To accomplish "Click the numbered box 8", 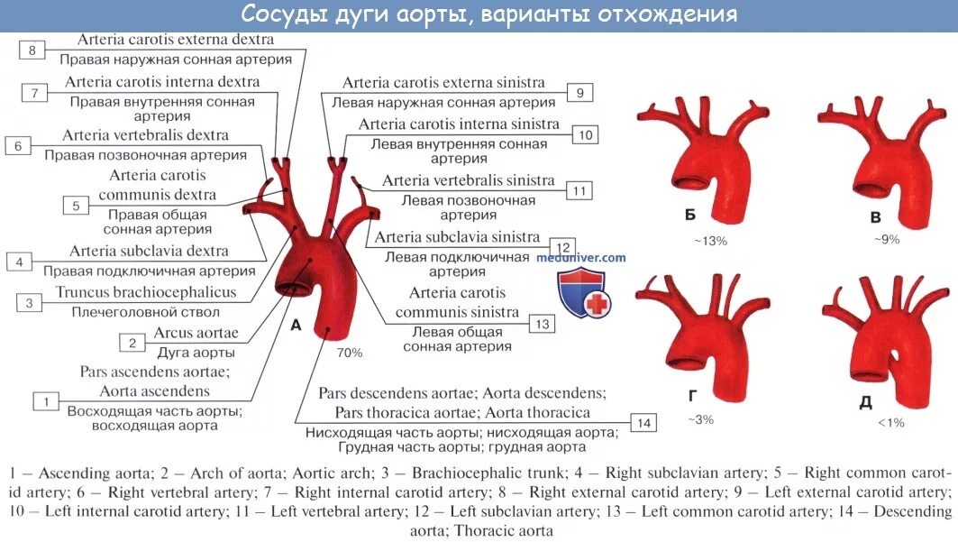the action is (x=32, y=51).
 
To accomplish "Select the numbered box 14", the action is (x=643, y=423).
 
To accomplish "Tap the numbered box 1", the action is (x=45, y=400).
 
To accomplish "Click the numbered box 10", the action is (x=585, y=135).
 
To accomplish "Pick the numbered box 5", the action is (x=76, y=206).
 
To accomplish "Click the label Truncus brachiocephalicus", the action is (x=146, y=292).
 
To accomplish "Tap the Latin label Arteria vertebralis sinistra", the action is (x=468, y=180).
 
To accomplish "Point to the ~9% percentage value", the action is (x=886, y=239).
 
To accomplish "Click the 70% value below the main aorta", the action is (x=350, y=353).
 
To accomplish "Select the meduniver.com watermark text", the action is (x=580, y=258).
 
